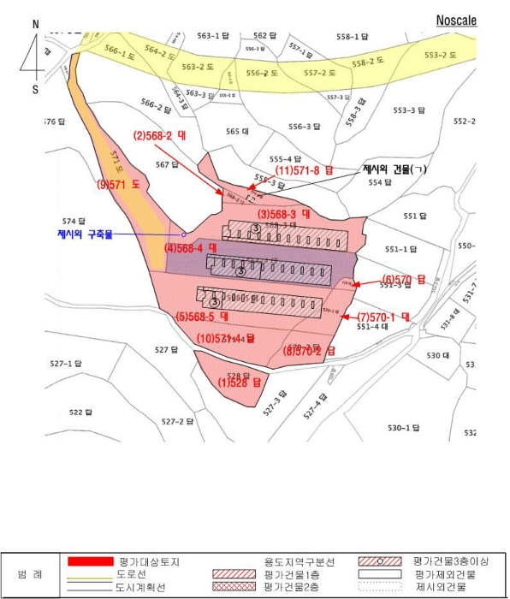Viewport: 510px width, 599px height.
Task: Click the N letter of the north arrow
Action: click(35, 25)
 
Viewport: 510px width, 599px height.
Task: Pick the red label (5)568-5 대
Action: click(205, 316)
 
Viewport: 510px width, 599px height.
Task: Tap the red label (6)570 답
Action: click(399, 279)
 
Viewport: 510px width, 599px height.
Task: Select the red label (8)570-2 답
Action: click(310, 350)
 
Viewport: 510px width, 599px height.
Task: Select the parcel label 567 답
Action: click(166, 164)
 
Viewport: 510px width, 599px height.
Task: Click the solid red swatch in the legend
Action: click(91, 560)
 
